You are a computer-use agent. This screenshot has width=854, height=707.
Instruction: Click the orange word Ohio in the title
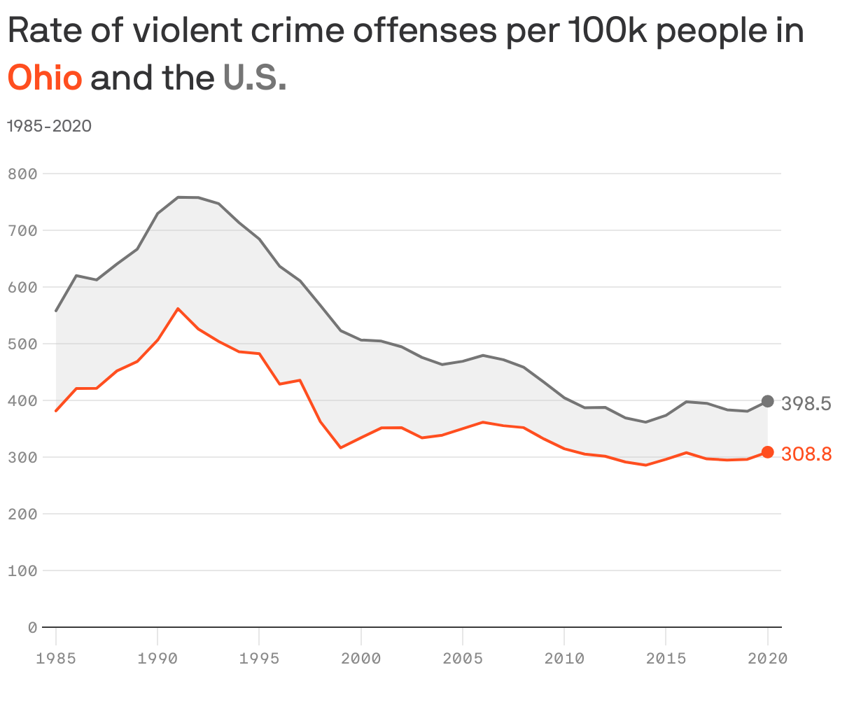coord(45,78)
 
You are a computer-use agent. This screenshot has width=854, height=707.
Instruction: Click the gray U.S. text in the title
coord(255,78)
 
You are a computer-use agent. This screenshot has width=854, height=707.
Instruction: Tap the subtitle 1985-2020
coord(49,126)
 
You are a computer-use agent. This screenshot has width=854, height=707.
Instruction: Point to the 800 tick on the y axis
coord(22,174)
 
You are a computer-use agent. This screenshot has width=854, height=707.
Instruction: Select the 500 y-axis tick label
coord(22,344)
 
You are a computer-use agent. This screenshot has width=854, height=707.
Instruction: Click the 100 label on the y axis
coord(22,570)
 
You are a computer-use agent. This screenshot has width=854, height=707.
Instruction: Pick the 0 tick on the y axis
coord(32,627)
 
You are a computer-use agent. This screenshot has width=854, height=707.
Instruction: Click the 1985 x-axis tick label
coord(56,659)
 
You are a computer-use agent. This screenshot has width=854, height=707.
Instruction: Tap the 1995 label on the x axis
coord(259,659)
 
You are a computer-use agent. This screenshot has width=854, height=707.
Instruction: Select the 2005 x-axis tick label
coord(463,659)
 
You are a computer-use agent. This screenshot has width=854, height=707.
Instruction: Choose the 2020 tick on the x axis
coord(767,659)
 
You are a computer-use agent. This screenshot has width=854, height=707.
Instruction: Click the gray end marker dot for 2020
coord(767,401)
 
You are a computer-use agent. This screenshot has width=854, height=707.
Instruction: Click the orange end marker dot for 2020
coord(767,452)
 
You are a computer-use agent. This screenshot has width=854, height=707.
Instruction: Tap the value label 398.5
coord(806,404)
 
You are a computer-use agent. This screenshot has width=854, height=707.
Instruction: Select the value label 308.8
coord(806,454)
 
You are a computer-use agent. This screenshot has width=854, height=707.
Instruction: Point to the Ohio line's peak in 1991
coord(178,308)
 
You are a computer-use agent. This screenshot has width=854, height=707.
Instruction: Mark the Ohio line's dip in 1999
coord(340,447)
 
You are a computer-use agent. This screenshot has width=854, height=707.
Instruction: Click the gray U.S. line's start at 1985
coord(56,311)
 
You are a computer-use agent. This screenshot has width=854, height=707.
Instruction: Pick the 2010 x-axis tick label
coord(564,659)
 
